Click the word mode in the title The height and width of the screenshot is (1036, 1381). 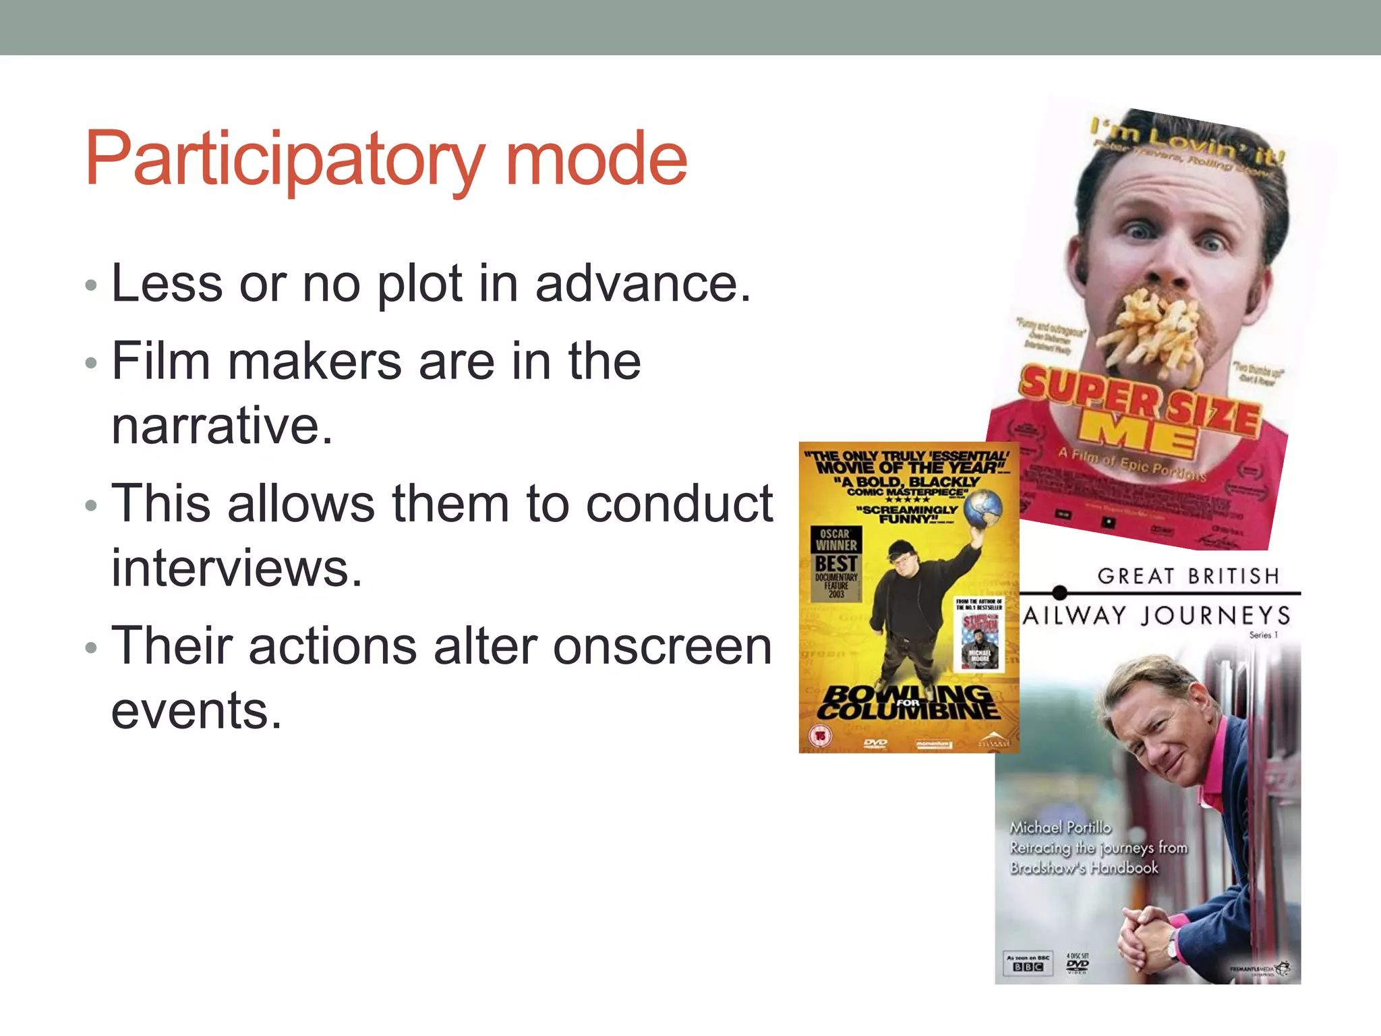(596, 160)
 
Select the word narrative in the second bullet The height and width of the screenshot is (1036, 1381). (222, 426)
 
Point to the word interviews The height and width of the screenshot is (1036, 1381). (237, 569)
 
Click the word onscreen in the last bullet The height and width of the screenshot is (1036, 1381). (662, 646)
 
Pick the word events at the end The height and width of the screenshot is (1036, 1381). (196, 711)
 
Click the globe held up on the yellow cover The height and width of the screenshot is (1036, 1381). (982, 507)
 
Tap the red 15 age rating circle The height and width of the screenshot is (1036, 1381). (820, 735)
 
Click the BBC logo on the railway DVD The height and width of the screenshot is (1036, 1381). (1028, 967)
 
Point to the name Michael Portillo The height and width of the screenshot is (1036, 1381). (1060, 828)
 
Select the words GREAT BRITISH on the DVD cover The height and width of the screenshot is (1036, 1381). (1188, 576)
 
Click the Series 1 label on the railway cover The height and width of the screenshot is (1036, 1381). (1263, 635)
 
